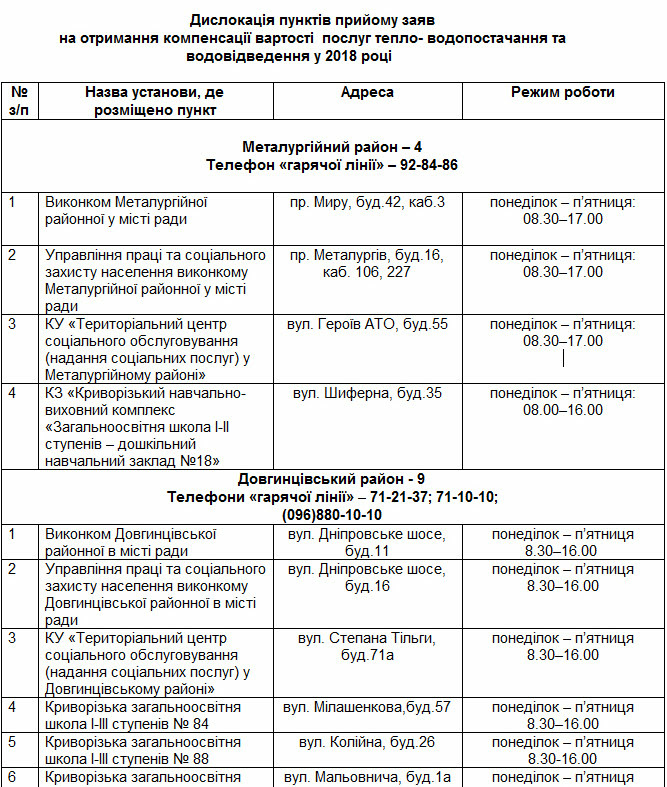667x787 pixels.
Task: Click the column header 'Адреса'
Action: [367, 93]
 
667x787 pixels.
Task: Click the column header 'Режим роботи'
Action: [563, 93]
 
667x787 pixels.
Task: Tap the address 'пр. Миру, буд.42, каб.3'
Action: [367, 203]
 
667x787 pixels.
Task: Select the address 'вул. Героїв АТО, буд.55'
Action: [367, 324]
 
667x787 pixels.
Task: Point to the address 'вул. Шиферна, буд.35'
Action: [367, 393]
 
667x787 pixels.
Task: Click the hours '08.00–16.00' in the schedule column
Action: [563, 409]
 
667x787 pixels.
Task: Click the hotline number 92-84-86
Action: [431, 164]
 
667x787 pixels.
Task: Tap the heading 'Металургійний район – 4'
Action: [332, 147]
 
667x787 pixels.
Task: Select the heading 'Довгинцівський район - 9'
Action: [332, 479]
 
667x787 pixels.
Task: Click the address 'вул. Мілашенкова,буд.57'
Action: [367, 707]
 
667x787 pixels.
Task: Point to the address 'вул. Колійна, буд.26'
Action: [367, 742]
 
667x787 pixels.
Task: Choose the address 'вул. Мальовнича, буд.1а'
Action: [367, 777]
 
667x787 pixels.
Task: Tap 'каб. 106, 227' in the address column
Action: [367, 272]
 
